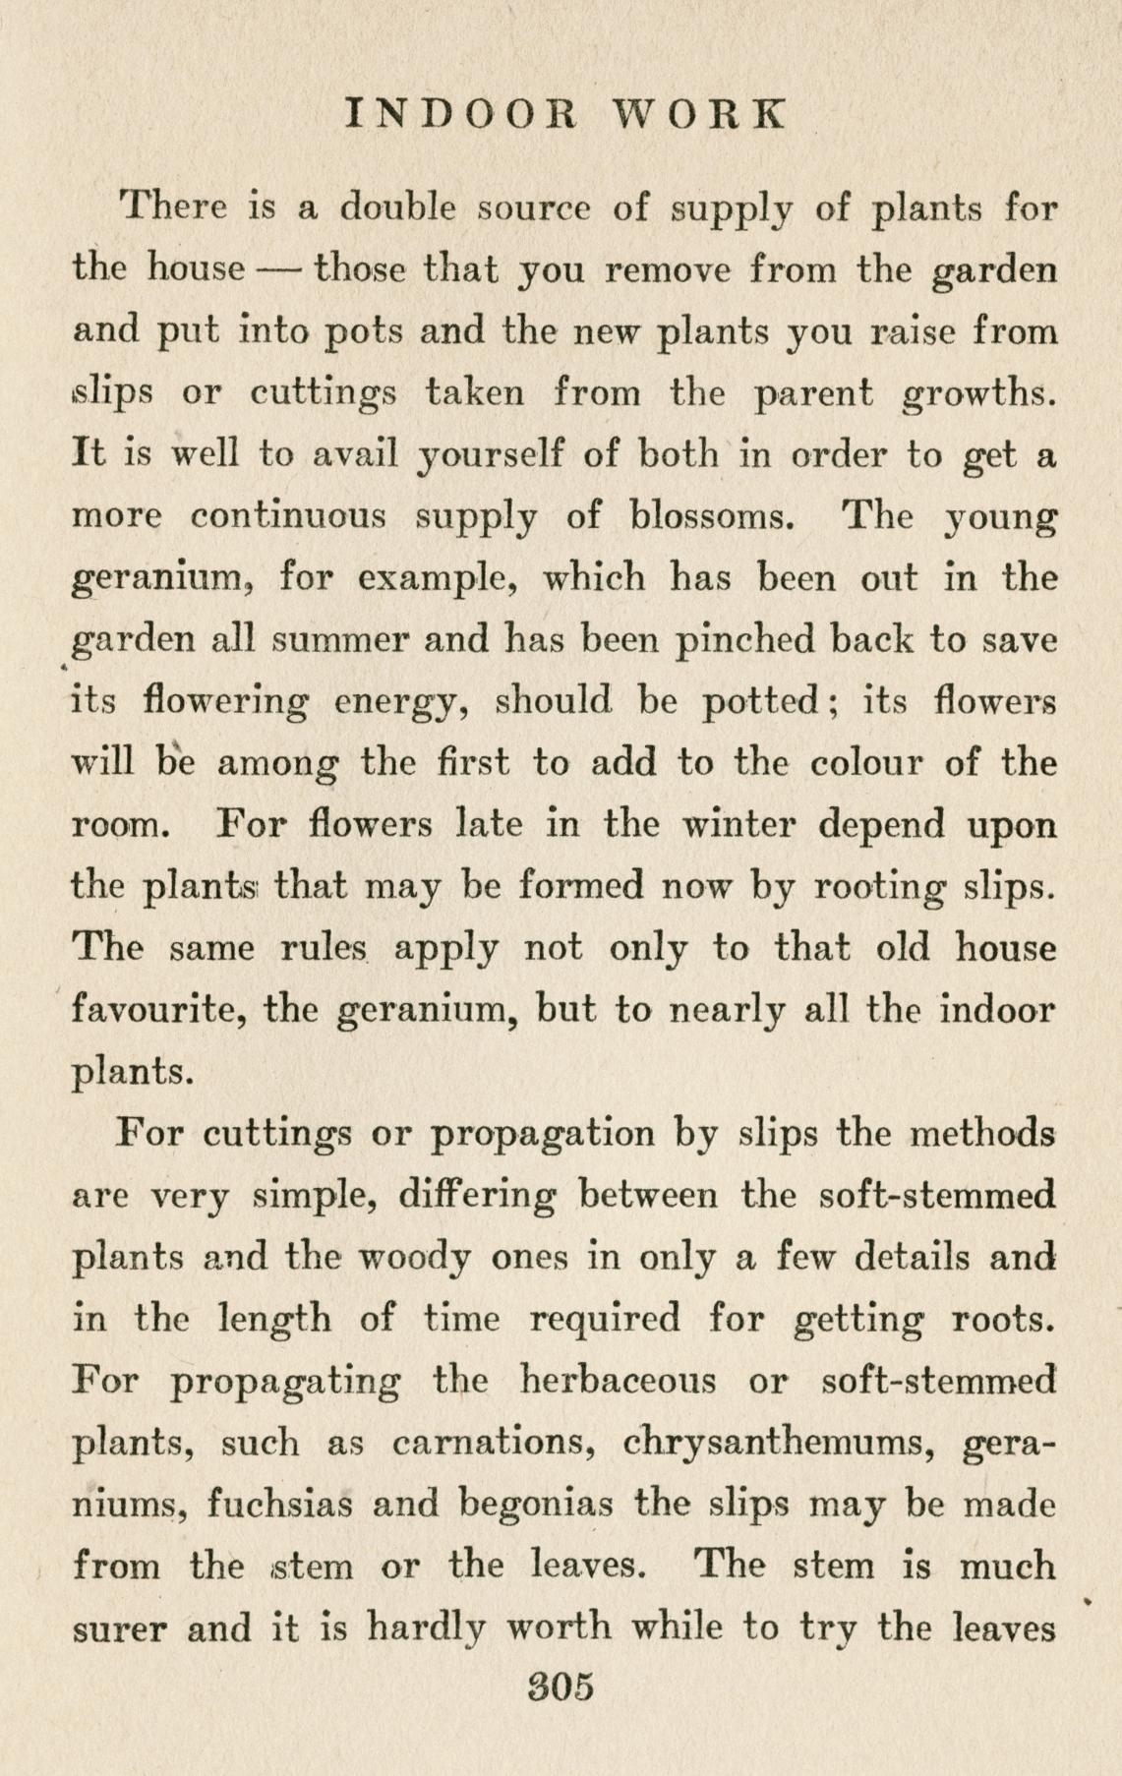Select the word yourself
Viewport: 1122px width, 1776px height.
pos(489,455)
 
